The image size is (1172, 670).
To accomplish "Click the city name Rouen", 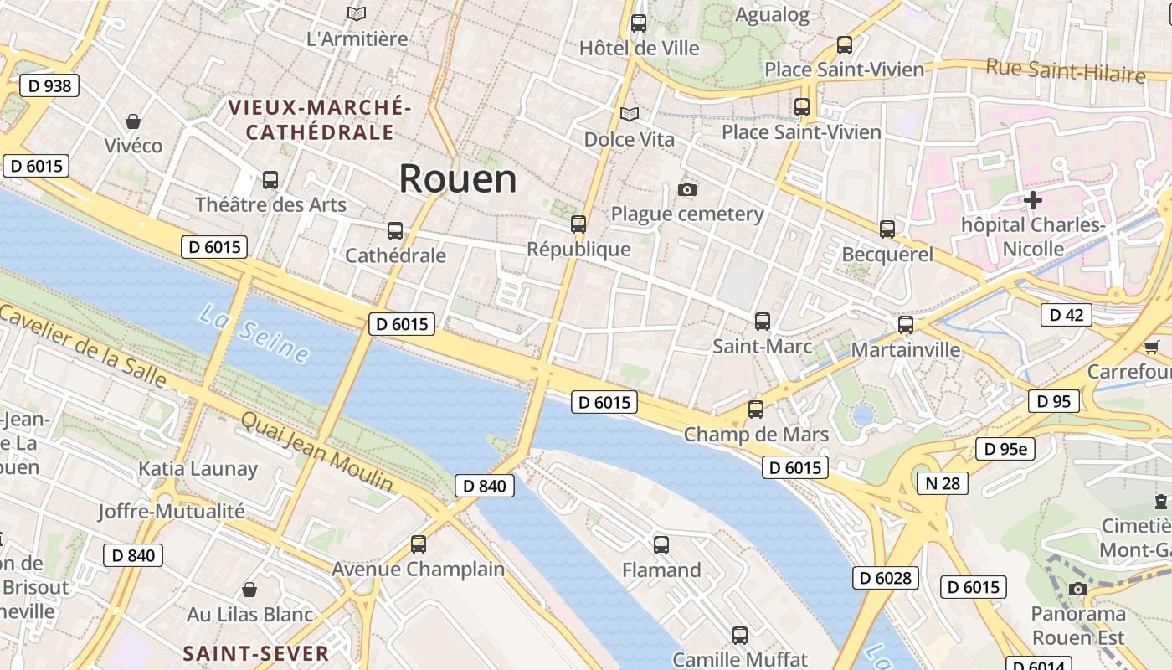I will point(457,179).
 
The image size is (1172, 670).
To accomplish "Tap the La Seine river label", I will point(254,333).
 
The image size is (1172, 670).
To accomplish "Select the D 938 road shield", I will point(49,85).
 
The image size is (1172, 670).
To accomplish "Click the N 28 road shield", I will point(942,483).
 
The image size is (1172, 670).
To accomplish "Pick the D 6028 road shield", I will point(886,578).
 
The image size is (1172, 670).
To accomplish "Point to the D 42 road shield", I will point(1066,315).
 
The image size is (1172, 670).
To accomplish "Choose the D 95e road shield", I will point(1005,450).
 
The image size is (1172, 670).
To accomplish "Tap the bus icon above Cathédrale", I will point(394,230).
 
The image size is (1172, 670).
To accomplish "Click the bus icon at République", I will point(578,224).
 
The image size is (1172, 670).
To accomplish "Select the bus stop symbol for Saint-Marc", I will point(762,321).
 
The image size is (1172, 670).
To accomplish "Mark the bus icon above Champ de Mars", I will point(755,409).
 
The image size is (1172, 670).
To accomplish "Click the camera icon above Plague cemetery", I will point(687,189).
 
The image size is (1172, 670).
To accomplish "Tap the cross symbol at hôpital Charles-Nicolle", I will point(1032,200).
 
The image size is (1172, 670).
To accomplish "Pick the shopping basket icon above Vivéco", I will point(132,121).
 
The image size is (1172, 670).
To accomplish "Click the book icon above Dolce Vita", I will point(629,114).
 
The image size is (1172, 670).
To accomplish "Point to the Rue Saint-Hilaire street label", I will point(1065,70).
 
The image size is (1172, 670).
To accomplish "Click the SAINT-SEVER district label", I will point(256,653).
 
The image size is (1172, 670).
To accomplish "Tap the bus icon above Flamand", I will point(661,545).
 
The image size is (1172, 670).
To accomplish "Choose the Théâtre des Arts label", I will point(270,204).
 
